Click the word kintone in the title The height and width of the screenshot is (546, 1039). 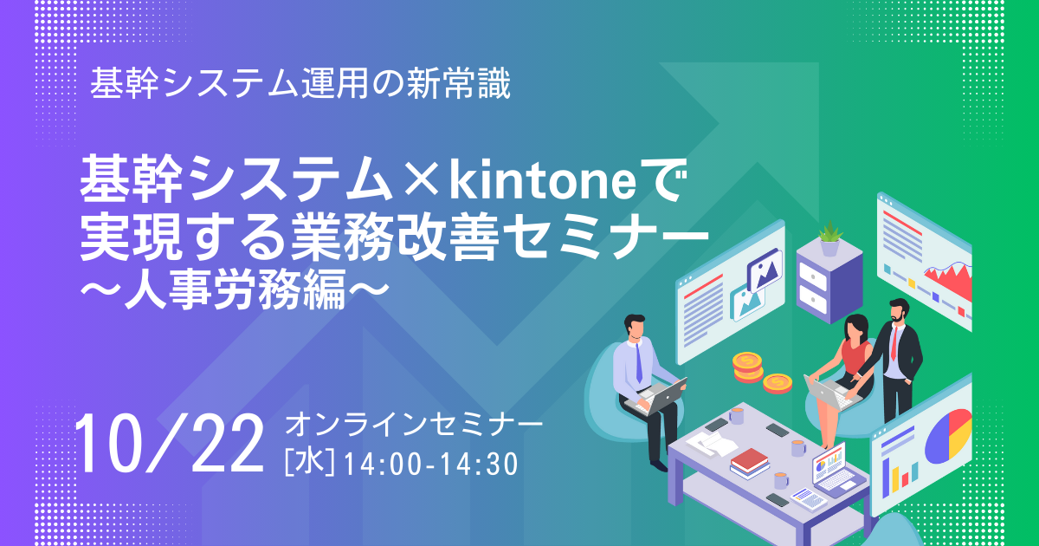click(x=542, y=181)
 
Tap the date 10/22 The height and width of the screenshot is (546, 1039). click(x=169, y=445)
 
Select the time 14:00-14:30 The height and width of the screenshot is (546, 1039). click(x=431, y=465)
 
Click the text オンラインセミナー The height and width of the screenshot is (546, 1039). click(x=413, y=425)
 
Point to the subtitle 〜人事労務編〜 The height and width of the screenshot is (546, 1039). click(x=235, y=289)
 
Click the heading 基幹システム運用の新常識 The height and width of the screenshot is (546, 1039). click(x=300, y=83)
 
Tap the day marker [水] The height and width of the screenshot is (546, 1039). click(x=309, y=463)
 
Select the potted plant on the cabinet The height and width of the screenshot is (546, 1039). click(x=829, y=238)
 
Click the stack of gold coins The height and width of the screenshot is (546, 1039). click(x=747, y=367)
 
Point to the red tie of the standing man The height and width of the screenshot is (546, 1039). click(x=894, y=342)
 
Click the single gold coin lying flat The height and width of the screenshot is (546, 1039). click(x=778, y=383)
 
